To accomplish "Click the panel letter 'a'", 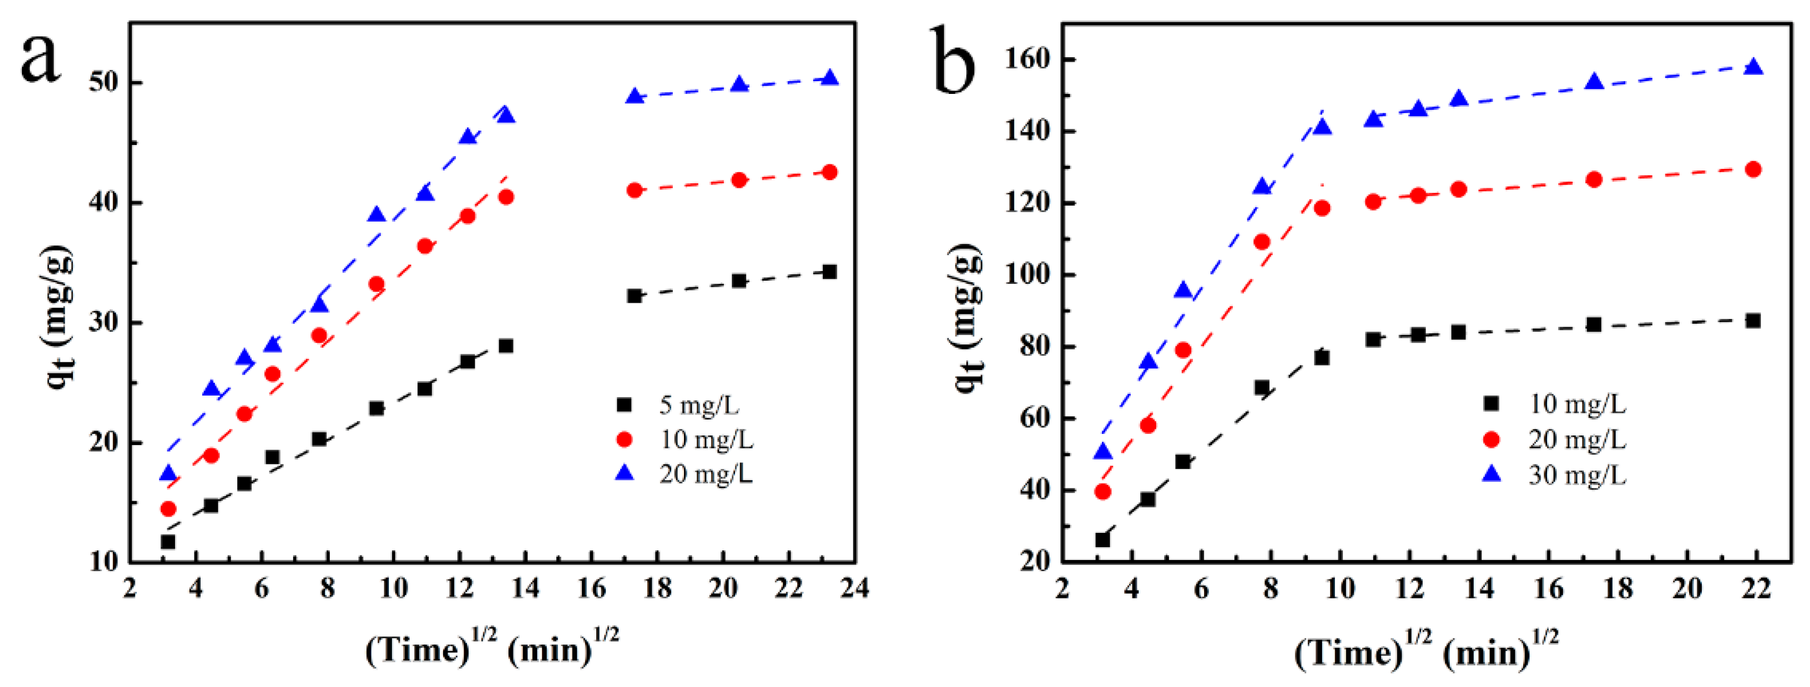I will (x=41, y=58).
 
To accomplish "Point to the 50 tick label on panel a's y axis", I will (x=105, y=82).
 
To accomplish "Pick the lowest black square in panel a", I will (x=168, y=542).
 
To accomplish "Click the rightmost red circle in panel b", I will (x=1753, y=169).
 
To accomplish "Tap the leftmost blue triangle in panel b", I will (x=1103, y=452).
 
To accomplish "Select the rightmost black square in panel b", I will (x=1753, y=321).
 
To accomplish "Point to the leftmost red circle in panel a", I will (x=168, y=508).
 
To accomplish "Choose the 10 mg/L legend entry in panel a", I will (x=705, y=440).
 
